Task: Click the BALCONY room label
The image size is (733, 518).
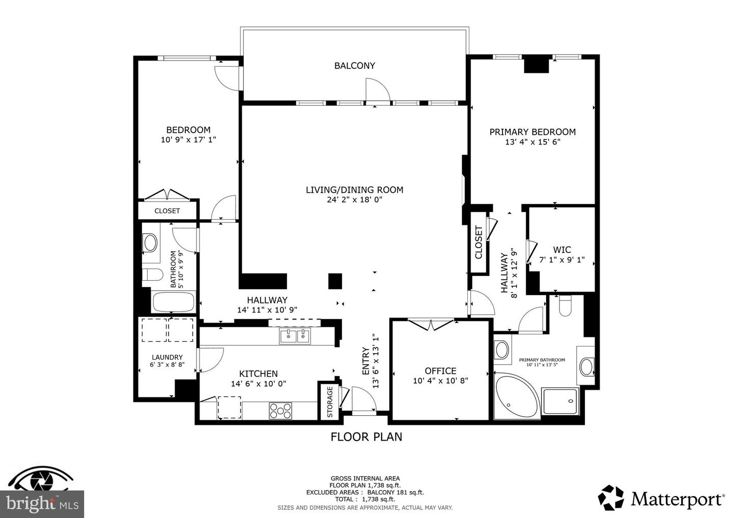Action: click(x=354, y=66)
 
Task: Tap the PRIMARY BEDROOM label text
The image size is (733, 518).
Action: click(x=532, y=132)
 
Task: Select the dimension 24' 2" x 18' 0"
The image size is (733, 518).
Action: click(x=354, y=200)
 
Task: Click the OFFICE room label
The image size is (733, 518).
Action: click(x=440, y=371)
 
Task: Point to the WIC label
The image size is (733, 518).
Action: click(x=562, y=250)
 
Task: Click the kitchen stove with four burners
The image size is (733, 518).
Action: click(x=280, y=410)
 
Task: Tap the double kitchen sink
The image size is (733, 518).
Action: click(x=295, y=336)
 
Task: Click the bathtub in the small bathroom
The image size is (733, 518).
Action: click(x=174, y=302)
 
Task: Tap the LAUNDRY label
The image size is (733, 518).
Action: click(x=167, y=357)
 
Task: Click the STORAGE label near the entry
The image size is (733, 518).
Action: click(x=329, y=402)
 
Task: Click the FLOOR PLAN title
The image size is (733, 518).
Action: click(x=366, y=437)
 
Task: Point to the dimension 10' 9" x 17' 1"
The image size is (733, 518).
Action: click(x=188, y=139)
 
